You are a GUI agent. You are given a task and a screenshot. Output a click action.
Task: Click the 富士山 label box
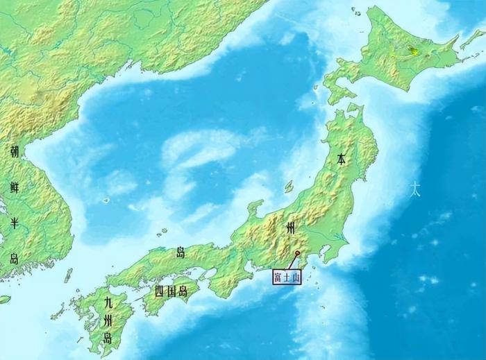click(287, 276)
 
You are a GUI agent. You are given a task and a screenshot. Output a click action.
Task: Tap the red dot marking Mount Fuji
click(297, 253)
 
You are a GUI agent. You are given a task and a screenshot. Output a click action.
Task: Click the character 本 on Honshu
click(341, 159)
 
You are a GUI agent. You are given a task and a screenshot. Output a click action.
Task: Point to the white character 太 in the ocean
click(414, 188)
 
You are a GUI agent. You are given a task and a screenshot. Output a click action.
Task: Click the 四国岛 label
click(171, 291)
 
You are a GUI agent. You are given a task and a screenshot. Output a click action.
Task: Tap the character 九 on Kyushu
click(108, 302)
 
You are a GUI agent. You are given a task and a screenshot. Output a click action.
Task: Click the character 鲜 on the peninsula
click(15, 186)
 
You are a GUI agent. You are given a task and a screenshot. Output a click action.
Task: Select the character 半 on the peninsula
click(15, 223)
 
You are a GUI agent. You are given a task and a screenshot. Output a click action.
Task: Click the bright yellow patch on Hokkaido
click(414, 51)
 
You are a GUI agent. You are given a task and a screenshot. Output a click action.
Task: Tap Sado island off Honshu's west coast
click(288, 187)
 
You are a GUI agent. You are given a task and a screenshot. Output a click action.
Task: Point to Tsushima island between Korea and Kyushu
click(68, 275)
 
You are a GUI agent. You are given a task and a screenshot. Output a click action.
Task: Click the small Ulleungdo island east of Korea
click(106, 200)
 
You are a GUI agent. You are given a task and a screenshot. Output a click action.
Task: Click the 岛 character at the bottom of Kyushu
click(108, 338)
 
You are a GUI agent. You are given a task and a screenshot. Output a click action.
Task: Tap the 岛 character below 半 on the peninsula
click(15, 259)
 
